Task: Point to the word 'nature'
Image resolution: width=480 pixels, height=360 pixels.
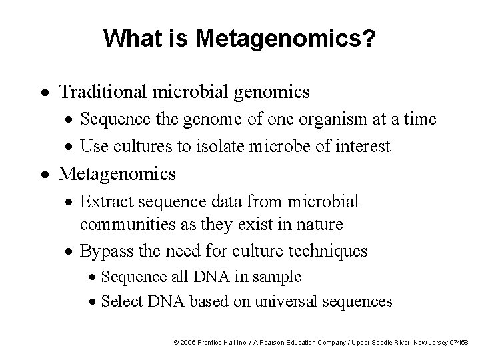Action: tap(319, 225)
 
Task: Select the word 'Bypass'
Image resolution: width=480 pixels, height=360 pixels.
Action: tap(105, 251)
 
